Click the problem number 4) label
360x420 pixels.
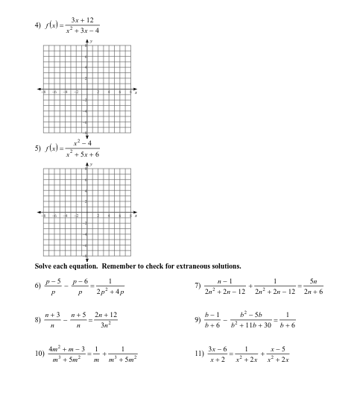(x=37, y=25)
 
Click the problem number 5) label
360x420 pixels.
(x=37, y=148)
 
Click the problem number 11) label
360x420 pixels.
(x=199, y=355)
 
